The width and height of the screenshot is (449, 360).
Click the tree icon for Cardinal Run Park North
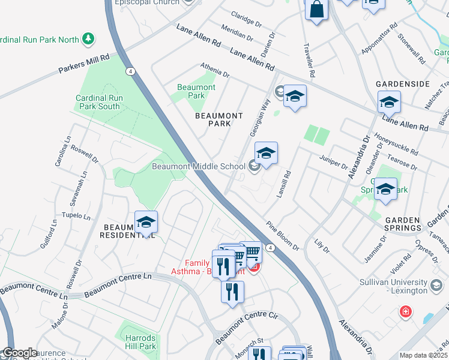[x=88, y=39]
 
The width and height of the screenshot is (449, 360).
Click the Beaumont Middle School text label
[x=198, y=166]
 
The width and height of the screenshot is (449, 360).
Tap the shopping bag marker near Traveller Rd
[x=317, y=10]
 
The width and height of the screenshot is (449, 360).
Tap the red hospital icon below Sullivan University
[x=406, y=312]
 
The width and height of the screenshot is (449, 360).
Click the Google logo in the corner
[x=19, y=353]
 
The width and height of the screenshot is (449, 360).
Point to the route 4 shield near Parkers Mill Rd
[x=130, y=71]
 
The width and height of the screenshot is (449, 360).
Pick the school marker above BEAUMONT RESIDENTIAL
[x=146, y=223]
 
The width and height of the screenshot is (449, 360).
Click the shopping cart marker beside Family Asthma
[x=250, y=251]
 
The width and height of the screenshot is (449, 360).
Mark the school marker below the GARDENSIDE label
[x=389, y=103]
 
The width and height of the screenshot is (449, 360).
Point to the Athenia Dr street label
[x=215, y=71]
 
